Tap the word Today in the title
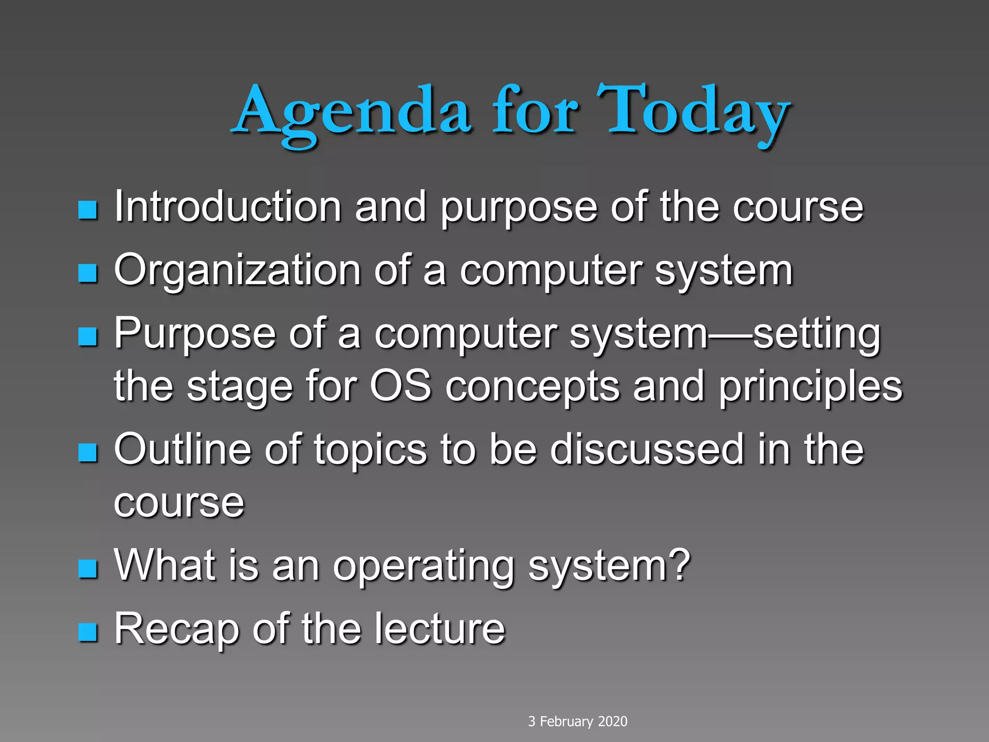coord(693,112)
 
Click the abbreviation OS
coord(400,386)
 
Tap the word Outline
coord(183,449)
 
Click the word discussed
coord(647,449)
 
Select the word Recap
coord(177,629)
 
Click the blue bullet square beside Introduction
coord(88,210)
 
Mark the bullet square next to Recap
coord(88,631)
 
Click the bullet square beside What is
coord(88,569)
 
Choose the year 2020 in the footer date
coord(612,721)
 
